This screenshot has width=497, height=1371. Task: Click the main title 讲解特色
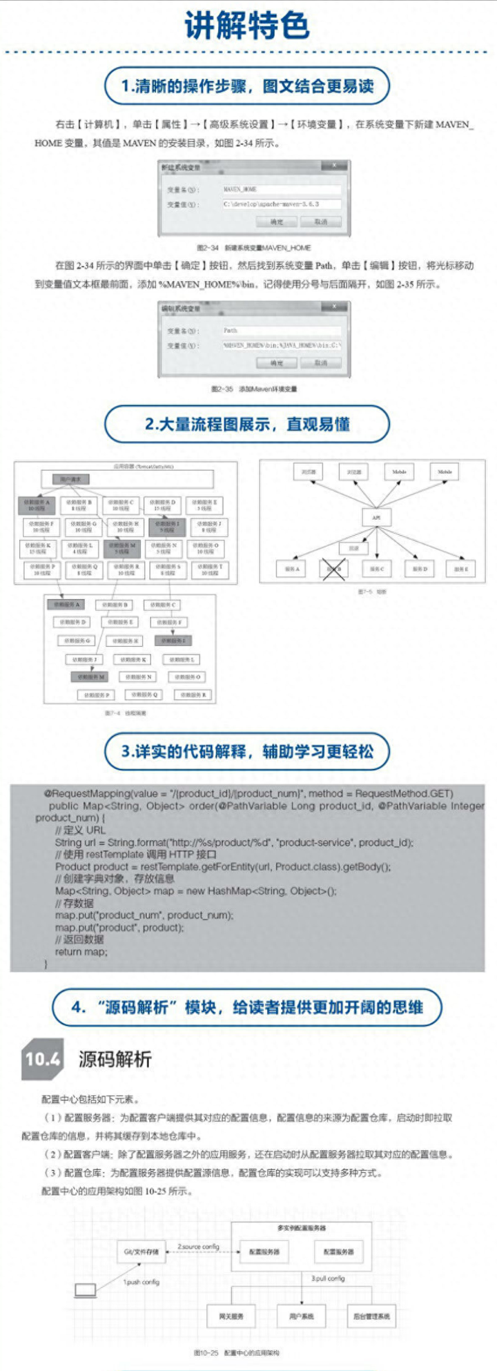(x=246, y=26)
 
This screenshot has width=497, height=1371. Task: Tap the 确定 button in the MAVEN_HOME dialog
(x=277, y=222)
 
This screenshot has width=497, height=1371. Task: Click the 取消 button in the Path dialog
(x=321, y=362)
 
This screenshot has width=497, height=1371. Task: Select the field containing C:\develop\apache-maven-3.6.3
(x=281, y=204)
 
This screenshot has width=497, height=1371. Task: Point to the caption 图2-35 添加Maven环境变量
(x=254, y=389)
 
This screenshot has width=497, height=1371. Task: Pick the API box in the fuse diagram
(x=376, y=516)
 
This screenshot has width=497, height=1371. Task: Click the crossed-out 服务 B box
(x=334, y=570)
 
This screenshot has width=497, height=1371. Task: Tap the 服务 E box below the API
(x=461, y=570)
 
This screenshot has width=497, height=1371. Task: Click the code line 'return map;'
(x=81, y=952)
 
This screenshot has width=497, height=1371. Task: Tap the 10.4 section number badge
(x=43, y=1059)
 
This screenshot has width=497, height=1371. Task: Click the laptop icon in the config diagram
(x=86, y=1290)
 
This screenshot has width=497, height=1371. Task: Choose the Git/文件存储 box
(x=142, y=1252)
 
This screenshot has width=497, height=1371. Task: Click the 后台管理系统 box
(x=371, y=1316)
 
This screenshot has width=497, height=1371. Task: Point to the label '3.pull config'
(x=329, y=1278)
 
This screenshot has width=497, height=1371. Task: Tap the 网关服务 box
(x=231, y=1316)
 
